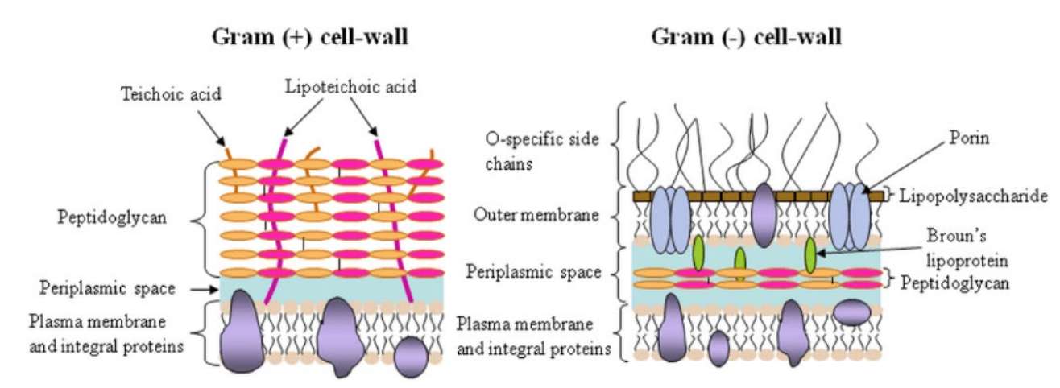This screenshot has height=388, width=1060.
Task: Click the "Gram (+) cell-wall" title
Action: pos(309,37)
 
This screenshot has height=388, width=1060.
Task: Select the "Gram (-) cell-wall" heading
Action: pos(746,37)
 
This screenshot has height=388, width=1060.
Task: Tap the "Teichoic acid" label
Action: pos(171,94)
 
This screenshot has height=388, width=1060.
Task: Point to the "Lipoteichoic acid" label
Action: pos(350,87)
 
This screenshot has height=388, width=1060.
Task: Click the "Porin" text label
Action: pos(969,138)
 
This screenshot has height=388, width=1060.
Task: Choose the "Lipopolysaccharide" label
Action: pos(973,196)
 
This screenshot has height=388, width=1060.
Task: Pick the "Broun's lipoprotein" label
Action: pos(967,248)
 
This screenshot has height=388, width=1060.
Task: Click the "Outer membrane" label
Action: pos(536,215)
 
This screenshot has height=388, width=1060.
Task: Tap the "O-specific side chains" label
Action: pos(542,151)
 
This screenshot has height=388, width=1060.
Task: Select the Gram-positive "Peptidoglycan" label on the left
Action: pos(112,217)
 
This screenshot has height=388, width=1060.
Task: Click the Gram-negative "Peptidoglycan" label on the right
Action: pos(954,283)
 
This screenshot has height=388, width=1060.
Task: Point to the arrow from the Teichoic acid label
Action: pos(211,129)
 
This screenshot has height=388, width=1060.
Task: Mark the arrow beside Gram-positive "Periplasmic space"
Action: pos(205,289)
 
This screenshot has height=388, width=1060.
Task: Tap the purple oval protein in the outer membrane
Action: pos(764,215)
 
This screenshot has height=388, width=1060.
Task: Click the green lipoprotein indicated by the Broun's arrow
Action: pos(810,255)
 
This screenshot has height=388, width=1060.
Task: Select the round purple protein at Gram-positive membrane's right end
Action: pos(411,357)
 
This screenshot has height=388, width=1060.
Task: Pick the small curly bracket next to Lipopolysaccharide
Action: pos(889,195)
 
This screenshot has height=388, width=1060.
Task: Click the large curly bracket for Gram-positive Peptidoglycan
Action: pos(201,220)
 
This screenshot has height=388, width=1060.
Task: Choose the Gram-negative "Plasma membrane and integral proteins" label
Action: pos(534,336)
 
